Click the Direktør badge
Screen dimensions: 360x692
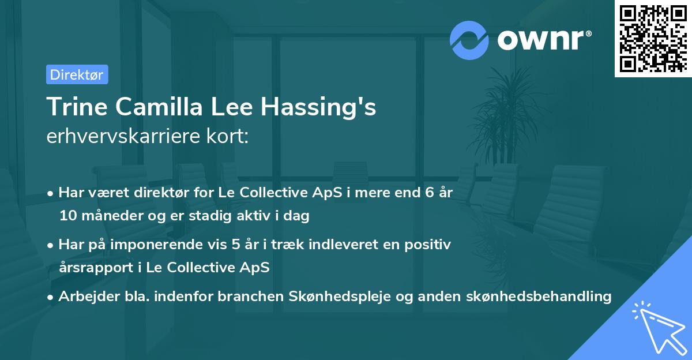pos(77,74)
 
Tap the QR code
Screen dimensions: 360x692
pos(652,38)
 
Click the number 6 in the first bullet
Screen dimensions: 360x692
pos(429,193)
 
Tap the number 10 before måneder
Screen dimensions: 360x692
pos(67,216)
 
